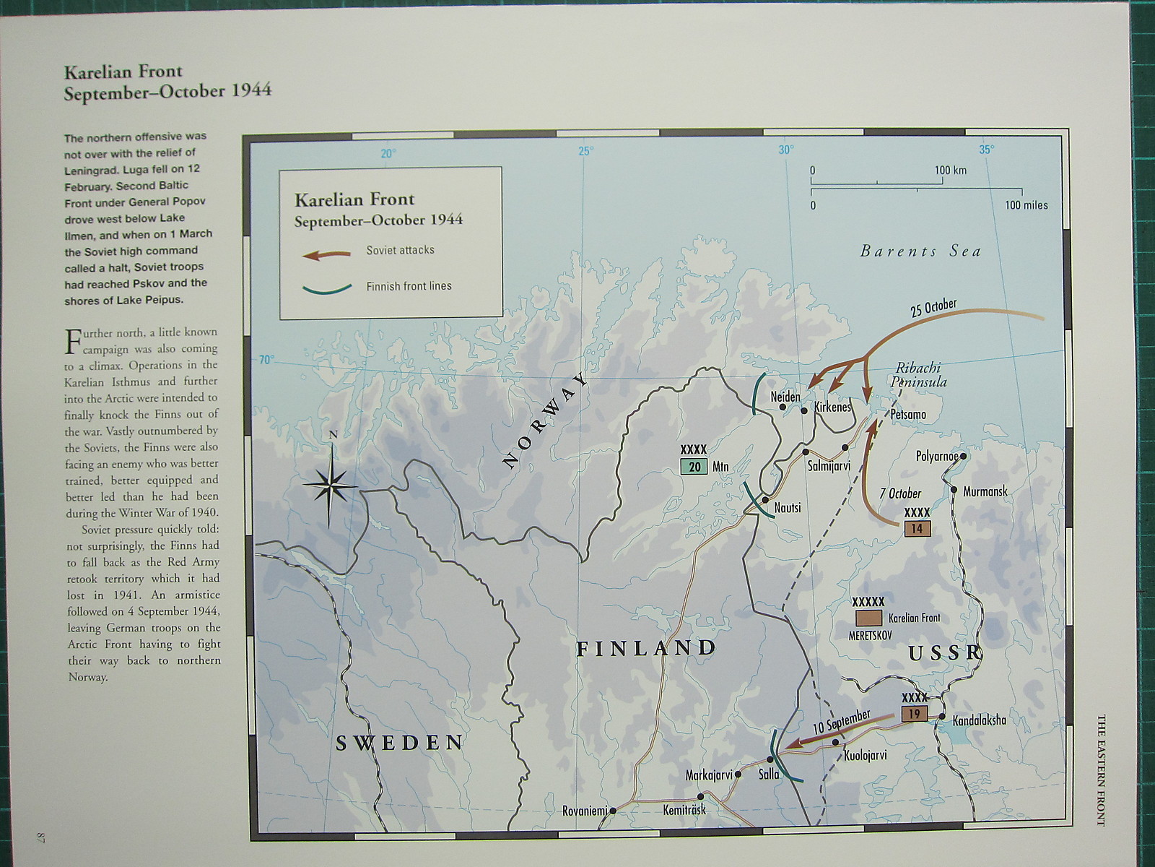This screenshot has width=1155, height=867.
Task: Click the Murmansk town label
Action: (985, 491)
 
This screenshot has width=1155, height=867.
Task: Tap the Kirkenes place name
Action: (832, 407)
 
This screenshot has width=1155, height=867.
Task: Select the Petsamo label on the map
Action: (908, 415)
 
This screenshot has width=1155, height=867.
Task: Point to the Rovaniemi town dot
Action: (613, 811)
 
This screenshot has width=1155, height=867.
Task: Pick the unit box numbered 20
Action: (694, 467)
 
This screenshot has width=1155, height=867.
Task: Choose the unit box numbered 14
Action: (917, 528)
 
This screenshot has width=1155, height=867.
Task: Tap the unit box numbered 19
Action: (915, 714)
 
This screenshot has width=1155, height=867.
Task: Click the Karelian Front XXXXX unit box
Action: (868, 618)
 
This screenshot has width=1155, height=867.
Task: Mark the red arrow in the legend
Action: (327, 254)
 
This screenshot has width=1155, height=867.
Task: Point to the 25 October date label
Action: (933, 308)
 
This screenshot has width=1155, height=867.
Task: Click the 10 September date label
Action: (841, 723)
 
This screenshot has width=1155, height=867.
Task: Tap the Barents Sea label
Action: (920, 251)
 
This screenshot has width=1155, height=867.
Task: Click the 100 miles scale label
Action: (1026, 205)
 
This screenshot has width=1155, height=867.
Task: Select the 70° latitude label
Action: (266, 360)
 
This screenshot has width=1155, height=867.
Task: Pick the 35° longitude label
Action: (986, 150)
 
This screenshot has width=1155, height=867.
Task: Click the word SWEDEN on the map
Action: (399, 743)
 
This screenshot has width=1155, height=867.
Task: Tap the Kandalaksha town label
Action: (979, 720)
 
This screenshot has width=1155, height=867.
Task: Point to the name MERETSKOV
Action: (871, 635)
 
